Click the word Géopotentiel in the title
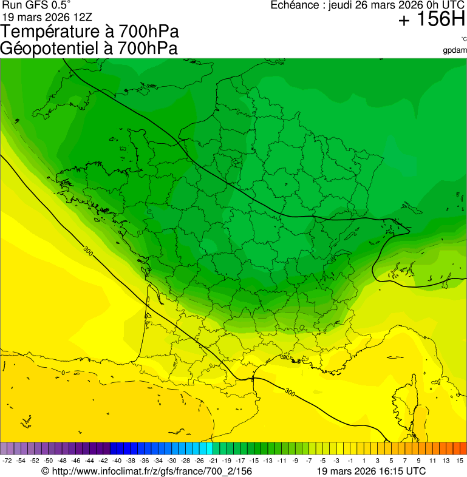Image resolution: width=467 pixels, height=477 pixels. (49, 49)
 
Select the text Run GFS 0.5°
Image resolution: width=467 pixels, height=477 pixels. (37, 5)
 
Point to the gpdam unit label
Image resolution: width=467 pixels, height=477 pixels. (455, 50)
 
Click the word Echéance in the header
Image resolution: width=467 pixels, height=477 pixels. (294, 5)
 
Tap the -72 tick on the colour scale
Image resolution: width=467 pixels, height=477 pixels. (7, 461)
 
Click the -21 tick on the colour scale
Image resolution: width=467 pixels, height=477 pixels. (213, 461)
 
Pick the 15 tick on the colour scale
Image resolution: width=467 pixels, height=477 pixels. (460, 461)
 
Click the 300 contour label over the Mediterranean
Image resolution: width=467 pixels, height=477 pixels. (290, 393)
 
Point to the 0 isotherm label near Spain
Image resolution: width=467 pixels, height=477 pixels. (63, 372)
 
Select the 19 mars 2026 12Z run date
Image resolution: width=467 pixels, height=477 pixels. (47, 17)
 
